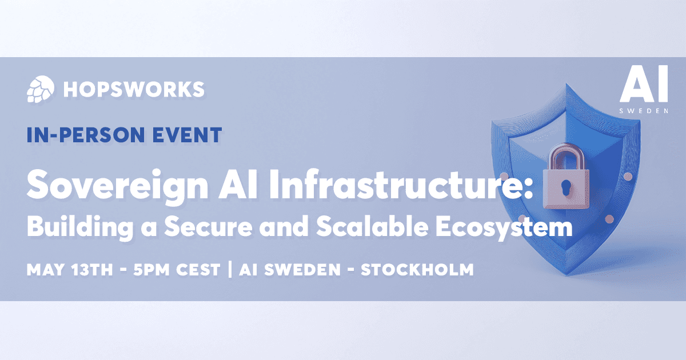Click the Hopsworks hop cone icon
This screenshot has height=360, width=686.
pyautogui.click(x=39, y=89)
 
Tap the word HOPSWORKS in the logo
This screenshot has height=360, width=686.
pyautogui.click(x=134, y=89)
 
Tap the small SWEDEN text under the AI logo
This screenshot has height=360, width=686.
pyautogui.click(x=644, y=110)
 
